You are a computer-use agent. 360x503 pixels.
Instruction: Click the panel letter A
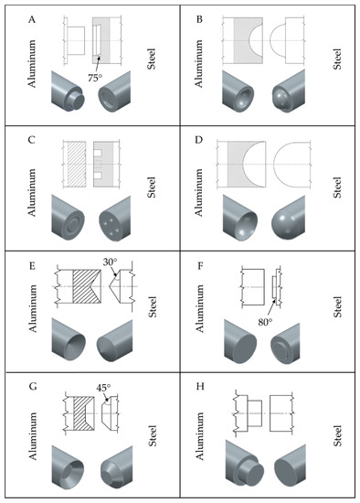(x=32, y=20)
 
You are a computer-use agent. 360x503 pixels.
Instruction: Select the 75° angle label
(x=94, y=78)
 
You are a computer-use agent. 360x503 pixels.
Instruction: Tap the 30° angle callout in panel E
(x=110, y=262)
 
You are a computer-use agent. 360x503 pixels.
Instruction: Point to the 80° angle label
(x=265, y=322)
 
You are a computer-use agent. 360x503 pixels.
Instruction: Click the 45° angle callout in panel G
(x=103, y=388)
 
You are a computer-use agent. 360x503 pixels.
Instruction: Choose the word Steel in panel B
(x=336, y=59)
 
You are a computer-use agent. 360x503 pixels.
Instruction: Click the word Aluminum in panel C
(x=32, y=192)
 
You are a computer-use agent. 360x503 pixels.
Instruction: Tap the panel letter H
(x=200, y=387)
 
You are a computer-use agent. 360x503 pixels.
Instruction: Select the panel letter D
(x=199, y=140)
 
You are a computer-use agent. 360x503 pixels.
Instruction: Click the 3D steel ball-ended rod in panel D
(x=288, y=219)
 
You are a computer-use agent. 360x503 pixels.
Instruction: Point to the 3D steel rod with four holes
(x=115, y=219)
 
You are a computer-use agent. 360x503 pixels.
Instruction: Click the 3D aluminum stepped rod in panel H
(x=244, y=462)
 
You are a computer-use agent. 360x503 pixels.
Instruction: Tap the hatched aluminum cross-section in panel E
(x=87, y=286)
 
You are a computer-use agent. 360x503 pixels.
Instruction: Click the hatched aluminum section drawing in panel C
(x=77, y=165)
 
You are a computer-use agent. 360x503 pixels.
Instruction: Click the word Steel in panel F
(x=337, y=307)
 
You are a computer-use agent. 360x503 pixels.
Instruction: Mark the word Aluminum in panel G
(x=32, y=436)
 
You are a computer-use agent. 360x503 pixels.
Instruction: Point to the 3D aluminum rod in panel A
(x=68, y=91)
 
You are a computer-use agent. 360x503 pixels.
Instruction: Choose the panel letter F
(x=199, y=266)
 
